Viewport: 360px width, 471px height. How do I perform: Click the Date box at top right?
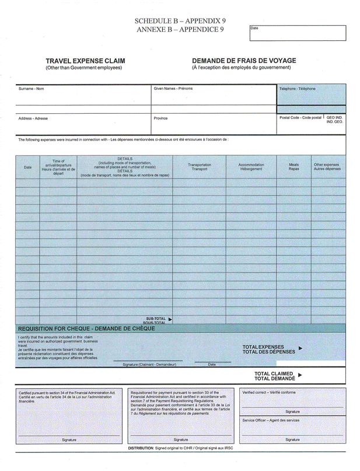(x=297, y=33)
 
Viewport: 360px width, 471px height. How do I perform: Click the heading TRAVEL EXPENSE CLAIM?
(x=85, y=61)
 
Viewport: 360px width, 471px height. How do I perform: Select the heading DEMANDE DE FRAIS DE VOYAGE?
(x=244, y=61)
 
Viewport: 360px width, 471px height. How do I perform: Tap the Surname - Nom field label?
(x=32, y=89)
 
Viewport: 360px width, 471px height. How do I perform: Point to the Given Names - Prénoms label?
(x=173, y=89)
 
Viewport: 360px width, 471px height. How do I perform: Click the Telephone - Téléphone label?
(x=297, y=89)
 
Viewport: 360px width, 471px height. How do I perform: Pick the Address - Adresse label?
(x=33, y=118)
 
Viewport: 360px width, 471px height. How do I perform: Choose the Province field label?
(x=160, y=118)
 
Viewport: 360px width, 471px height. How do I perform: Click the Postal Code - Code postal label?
(x=300, y=117)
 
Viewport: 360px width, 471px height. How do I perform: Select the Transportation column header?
(x=199, y=167)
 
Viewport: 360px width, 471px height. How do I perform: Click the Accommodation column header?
(x=251, y=167)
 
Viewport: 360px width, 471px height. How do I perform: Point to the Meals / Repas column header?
(x=293, y=167)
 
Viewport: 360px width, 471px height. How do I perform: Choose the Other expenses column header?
(x=327, y=167)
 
